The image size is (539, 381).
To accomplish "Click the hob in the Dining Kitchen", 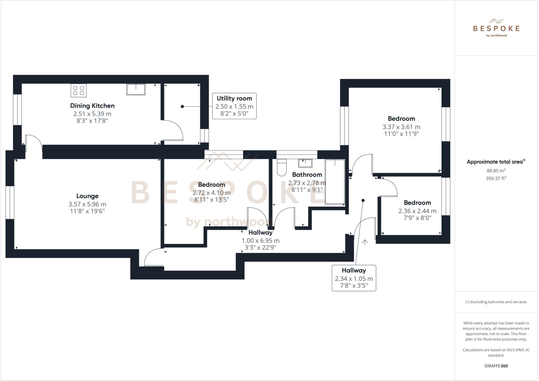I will (78, 90).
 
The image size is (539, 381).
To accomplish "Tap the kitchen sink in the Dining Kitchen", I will (136, 90).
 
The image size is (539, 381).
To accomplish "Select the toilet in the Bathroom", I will (282, 167).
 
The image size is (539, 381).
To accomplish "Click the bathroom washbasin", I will (305, 163).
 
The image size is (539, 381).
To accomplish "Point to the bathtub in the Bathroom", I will (335, 182).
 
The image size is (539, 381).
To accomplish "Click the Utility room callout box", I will (234, 106).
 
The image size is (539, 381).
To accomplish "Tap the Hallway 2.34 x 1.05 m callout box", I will (354, 278).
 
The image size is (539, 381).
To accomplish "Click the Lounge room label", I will (87, 196).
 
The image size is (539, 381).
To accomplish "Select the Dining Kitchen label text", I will (92, 106).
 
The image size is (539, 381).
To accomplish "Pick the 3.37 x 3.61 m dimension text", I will (401, 127).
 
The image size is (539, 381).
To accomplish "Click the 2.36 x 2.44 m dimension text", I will (417, 211).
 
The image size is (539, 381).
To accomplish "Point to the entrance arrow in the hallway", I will (365, 242).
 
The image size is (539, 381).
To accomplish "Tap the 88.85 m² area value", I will (496, 171).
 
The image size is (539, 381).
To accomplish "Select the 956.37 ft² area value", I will (496, 178).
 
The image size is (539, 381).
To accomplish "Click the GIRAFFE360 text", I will (496, 366).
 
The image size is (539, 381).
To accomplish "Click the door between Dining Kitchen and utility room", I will (172, 131).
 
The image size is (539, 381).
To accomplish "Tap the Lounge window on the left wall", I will (10, 202).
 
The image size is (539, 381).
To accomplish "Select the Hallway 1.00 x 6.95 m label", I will (261, 240).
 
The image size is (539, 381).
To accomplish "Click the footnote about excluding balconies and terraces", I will (496, 302).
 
